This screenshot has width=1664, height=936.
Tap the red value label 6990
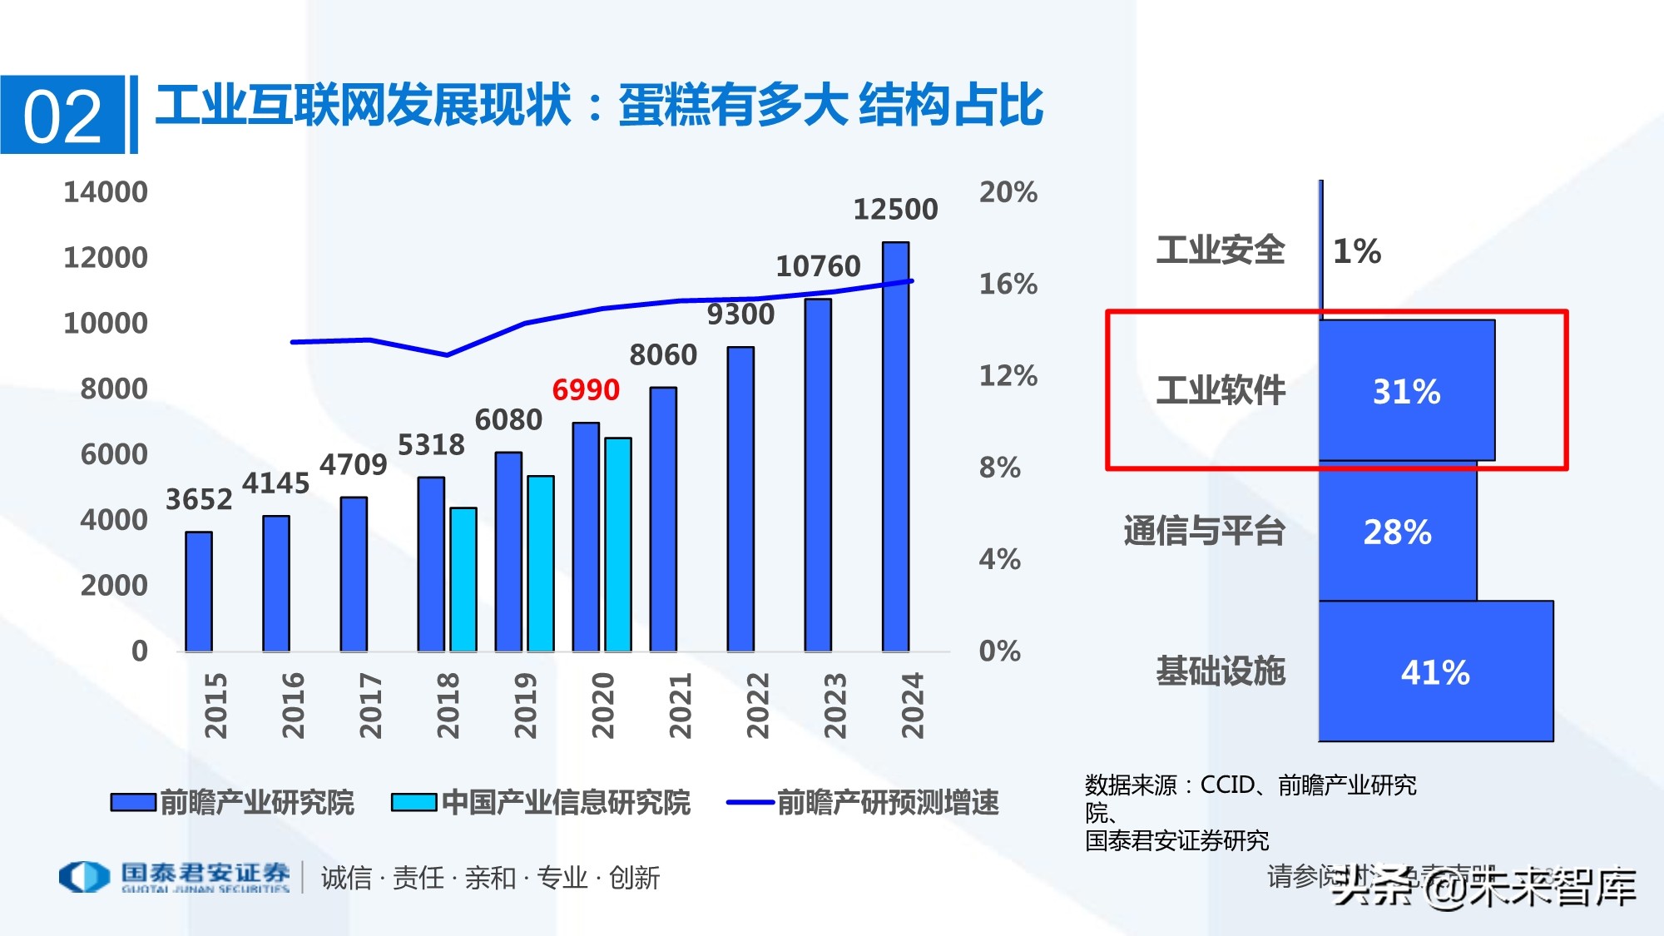[586, 389]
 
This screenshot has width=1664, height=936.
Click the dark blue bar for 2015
[198, 592]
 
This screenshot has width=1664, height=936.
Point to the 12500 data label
[895, 209]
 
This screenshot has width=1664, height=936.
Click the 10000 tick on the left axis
[106, 323]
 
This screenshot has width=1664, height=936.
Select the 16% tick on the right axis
[1008, 284]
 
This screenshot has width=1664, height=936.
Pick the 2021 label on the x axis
[680, 706]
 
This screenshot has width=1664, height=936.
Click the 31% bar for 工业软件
[1406, 391]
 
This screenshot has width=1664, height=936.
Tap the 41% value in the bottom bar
[1435, 672]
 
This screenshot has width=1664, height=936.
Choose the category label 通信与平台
[1204, 531]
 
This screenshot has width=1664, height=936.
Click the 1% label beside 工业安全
[1357, 250]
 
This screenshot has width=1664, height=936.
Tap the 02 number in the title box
[62, 116]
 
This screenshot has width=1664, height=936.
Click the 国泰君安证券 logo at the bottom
[175, 877]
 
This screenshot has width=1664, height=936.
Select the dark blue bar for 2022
[740, 499]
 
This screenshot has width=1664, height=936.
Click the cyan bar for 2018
[463, 579]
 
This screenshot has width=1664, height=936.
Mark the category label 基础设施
[1221, 671]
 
